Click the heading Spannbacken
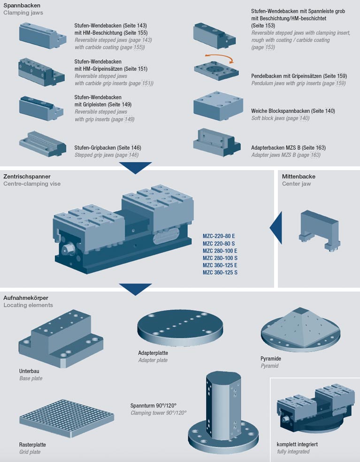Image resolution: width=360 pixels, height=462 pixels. [x=22, y=5]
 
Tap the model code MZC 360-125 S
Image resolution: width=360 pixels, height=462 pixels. [x=220, y=272]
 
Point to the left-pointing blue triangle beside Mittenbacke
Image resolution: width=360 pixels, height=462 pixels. [x=276, y=228]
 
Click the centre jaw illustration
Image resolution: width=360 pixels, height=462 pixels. [x=318, y=230]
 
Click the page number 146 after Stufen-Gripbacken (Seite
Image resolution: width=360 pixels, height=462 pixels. [x=134, y=148]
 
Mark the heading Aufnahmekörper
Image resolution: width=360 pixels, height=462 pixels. [x=26, y=298]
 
